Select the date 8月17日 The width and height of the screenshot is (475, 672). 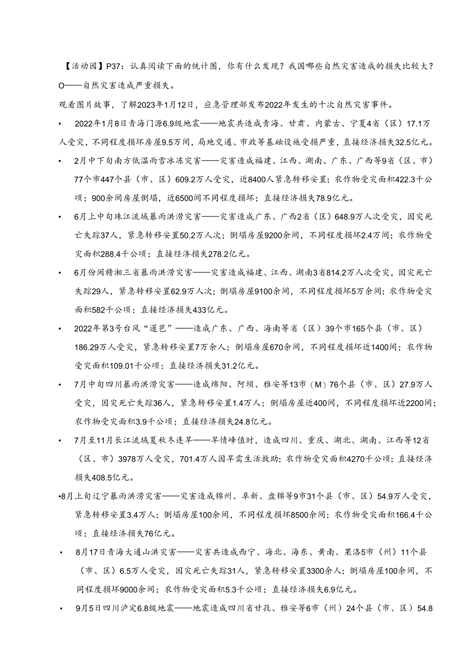click(x=90, y=553)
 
